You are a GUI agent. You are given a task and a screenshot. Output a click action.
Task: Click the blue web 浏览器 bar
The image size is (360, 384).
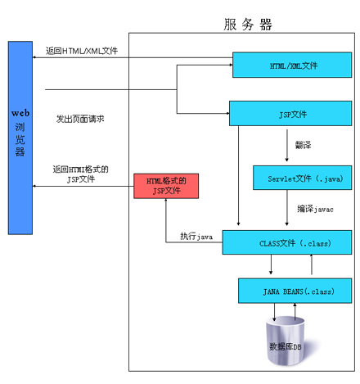(20, 138)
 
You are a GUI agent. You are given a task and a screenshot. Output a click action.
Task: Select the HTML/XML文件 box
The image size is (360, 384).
(292, 65)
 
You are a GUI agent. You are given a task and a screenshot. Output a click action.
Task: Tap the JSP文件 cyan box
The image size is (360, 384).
(290, 113)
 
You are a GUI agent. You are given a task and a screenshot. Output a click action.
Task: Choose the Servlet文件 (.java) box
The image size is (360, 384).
(303, 178)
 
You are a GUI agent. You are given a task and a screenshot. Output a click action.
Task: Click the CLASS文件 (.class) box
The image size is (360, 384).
(287, 242)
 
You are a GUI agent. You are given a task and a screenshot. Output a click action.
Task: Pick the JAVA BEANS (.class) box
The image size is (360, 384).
(295, 291)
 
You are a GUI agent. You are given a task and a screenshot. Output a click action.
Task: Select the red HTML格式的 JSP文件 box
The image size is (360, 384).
(166, 186)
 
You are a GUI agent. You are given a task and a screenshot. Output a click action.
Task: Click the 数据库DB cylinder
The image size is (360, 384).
(286, 341)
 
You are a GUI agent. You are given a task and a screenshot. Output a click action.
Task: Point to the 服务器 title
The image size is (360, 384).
(248, 25)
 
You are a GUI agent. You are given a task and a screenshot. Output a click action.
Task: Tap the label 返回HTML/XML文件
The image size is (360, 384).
(82, 51)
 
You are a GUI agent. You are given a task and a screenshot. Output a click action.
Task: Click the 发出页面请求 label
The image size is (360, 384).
(80, 119)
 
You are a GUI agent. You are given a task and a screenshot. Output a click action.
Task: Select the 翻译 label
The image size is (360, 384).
(303, 145)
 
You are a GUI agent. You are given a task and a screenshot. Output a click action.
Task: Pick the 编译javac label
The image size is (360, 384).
(315, 209)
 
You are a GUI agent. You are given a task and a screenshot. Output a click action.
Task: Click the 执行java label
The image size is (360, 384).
(196, 237)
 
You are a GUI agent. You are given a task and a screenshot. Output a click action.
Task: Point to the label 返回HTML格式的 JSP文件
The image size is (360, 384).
(81, 174)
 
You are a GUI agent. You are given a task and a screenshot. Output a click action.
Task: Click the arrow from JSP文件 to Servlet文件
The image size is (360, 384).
(286, 146)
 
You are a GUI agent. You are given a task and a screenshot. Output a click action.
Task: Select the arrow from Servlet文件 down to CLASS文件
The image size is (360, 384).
(286, 208)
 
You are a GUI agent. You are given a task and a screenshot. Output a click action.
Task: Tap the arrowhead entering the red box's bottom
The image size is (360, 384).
(166, 200)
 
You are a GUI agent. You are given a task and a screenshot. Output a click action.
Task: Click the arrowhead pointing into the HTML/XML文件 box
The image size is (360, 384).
(231, 65)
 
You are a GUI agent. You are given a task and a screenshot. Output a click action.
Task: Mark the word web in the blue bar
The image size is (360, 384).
(20, 113)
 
